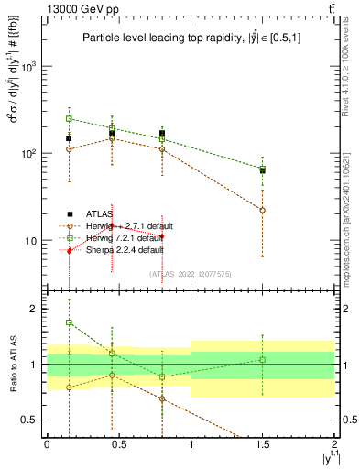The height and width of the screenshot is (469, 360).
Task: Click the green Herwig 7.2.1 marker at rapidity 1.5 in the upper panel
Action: pos(263,169)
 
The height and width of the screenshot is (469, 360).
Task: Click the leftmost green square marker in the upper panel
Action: pos(69,118)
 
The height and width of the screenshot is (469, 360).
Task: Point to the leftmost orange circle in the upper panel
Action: pos(69,149)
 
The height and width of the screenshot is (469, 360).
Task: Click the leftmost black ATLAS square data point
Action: pos(69,138)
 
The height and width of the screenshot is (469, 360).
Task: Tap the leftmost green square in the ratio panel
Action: pos(69,322)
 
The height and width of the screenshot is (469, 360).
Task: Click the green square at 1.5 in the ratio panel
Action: pos(263,359)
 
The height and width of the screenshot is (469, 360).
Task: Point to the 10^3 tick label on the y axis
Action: pos(29,68)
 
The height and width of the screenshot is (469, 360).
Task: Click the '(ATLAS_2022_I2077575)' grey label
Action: pos(191,273)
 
